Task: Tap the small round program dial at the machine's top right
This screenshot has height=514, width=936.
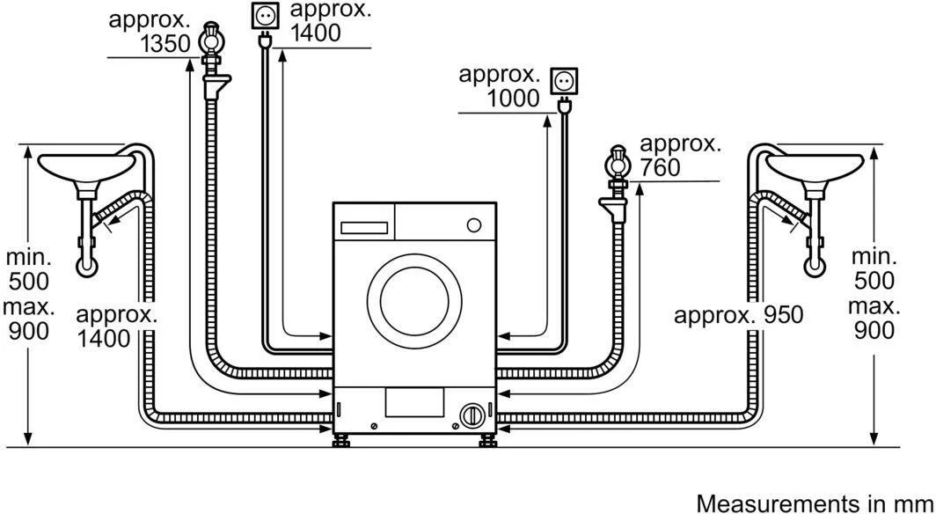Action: pyautogui.click(x=474, y=224)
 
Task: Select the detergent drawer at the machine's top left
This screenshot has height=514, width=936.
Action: pyautogui.click(x=364, y=225)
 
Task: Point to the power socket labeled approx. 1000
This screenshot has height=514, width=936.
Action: pyautogui.click(x=562, y=81)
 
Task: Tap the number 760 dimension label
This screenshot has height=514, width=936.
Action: pyautogui.click(x=661, y=167)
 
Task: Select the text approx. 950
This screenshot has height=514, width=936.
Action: pyautogui.click(x=738, y=315)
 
